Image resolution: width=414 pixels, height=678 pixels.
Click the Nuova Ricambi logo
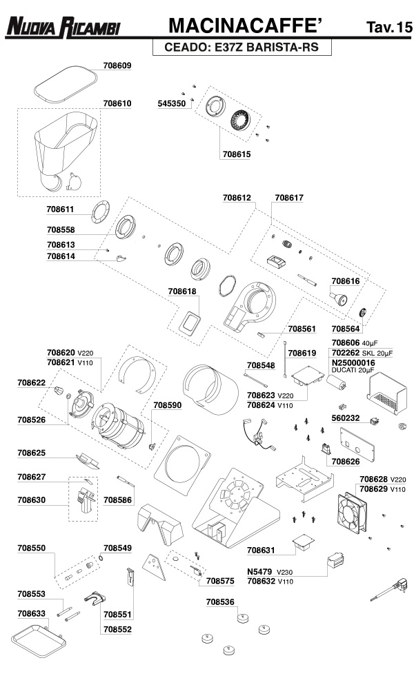[x=63, y=27]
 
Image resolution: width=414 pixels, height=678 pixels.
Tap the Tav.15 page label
[x=388, y=28]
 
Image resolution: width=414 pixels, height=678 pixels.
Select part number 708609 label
[x=117, y=65]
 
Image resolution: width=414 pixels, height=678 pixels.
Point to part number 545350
[x=171, y=103]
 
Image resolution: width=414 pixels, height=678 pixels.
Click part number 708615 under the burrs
[x=236, y=154]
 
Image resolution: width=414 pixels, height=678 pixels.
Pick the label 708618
[x=182, y=291]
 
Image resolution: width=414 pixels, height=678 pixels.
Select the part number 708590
[x=167, y=406]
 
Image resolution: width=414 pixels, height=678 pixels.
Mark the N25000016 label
[x=353, y=362]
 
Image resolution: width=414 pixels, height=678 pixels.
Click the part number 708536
[x=220, y=602]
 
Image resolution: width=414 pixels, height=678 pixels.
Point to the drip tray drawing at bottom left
[x=39, y=637]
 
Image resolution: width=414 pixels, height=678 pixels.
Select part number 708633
[x=32, y=613]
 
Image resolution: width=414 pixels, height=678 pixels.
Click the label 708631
[x=261, y=550]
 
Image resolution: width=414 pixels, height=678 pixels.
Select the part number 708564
[x=345, y=329]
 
